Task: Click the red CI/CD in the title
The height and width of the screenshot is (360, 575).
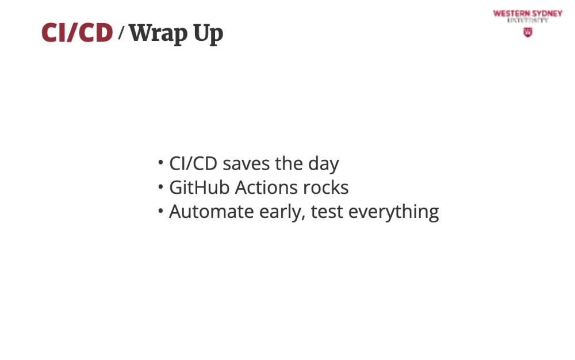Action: (77, 32)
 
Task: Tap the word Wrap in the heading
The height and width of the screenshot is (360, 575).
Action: (158, 34)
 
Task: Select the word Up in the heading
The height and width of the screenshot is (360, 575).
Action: (208, 34)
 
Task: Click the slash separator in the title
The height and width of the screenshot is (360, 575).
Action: (121, 33)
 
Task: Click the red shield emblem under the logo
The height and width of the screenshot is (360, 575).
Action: (528, 33)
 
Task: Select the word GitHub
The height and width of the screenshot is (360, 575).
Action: (200, 187)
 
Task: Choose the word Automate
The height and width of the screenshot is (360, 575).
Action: (211, 212)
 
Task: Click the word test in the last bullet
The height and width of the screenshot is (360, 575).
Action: (327, 212)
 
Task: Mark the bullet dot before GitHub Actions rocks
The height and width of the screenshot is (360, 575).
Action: (160, 186)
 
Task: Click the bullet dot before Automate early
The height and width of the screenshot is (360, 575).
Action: (160, 211)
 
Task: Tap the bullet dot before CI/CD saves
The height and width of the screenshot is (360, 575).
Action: (160, 162)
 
